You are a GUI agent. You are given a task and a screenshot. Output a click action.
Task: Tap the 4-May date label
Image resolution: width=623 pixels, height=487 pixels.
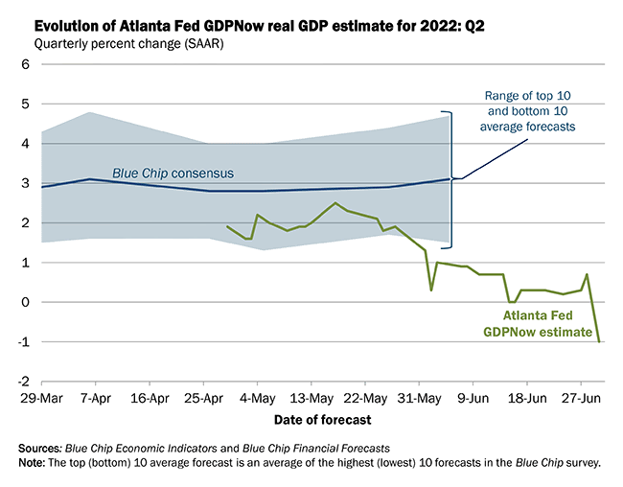[253, 395]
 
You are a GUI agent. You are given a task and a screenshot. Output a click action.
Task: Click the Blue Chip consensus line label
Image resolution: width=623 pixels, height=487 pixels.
[173, 173]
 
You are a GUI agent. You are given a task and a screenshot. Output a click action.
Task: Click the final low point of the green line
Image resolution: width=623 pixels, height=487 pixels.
[599, 341]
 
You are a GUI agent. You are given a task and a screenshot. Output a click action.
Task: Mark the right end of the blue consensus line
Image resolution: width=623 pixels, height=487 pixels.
[450, 178]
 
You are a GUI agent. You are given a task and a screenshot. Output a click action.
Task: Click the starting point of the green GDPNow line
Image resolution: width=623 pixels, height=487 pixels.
[226, 226]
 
